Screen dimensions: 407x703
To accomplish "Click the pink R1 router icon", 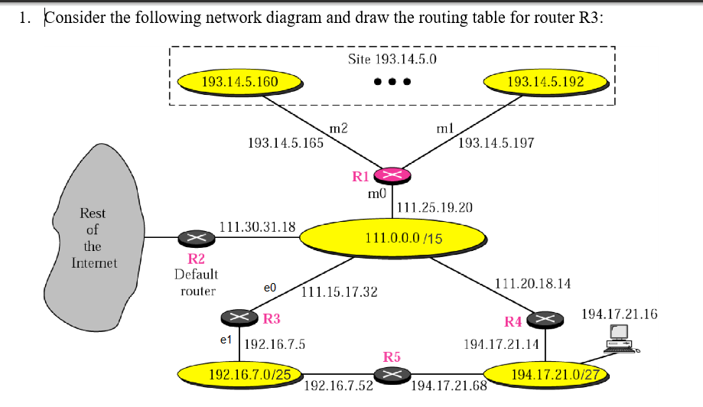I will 392,175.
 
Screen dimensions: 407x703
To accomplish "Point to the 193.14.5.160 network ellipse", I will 239,81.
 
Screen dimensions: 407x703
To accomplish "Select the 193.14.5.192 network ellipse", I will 545,81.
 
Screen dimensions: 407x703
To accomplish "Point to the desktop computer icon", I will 620,337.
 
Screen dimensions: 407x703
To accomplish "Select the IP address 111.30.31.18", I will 257,226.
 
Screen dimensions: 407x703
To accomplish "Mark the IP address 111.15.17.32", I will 340,292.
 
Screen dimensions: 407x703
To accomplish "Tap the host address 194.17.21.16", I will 619,314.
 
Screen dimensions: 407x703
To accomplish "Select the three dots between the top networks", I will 392,82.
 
